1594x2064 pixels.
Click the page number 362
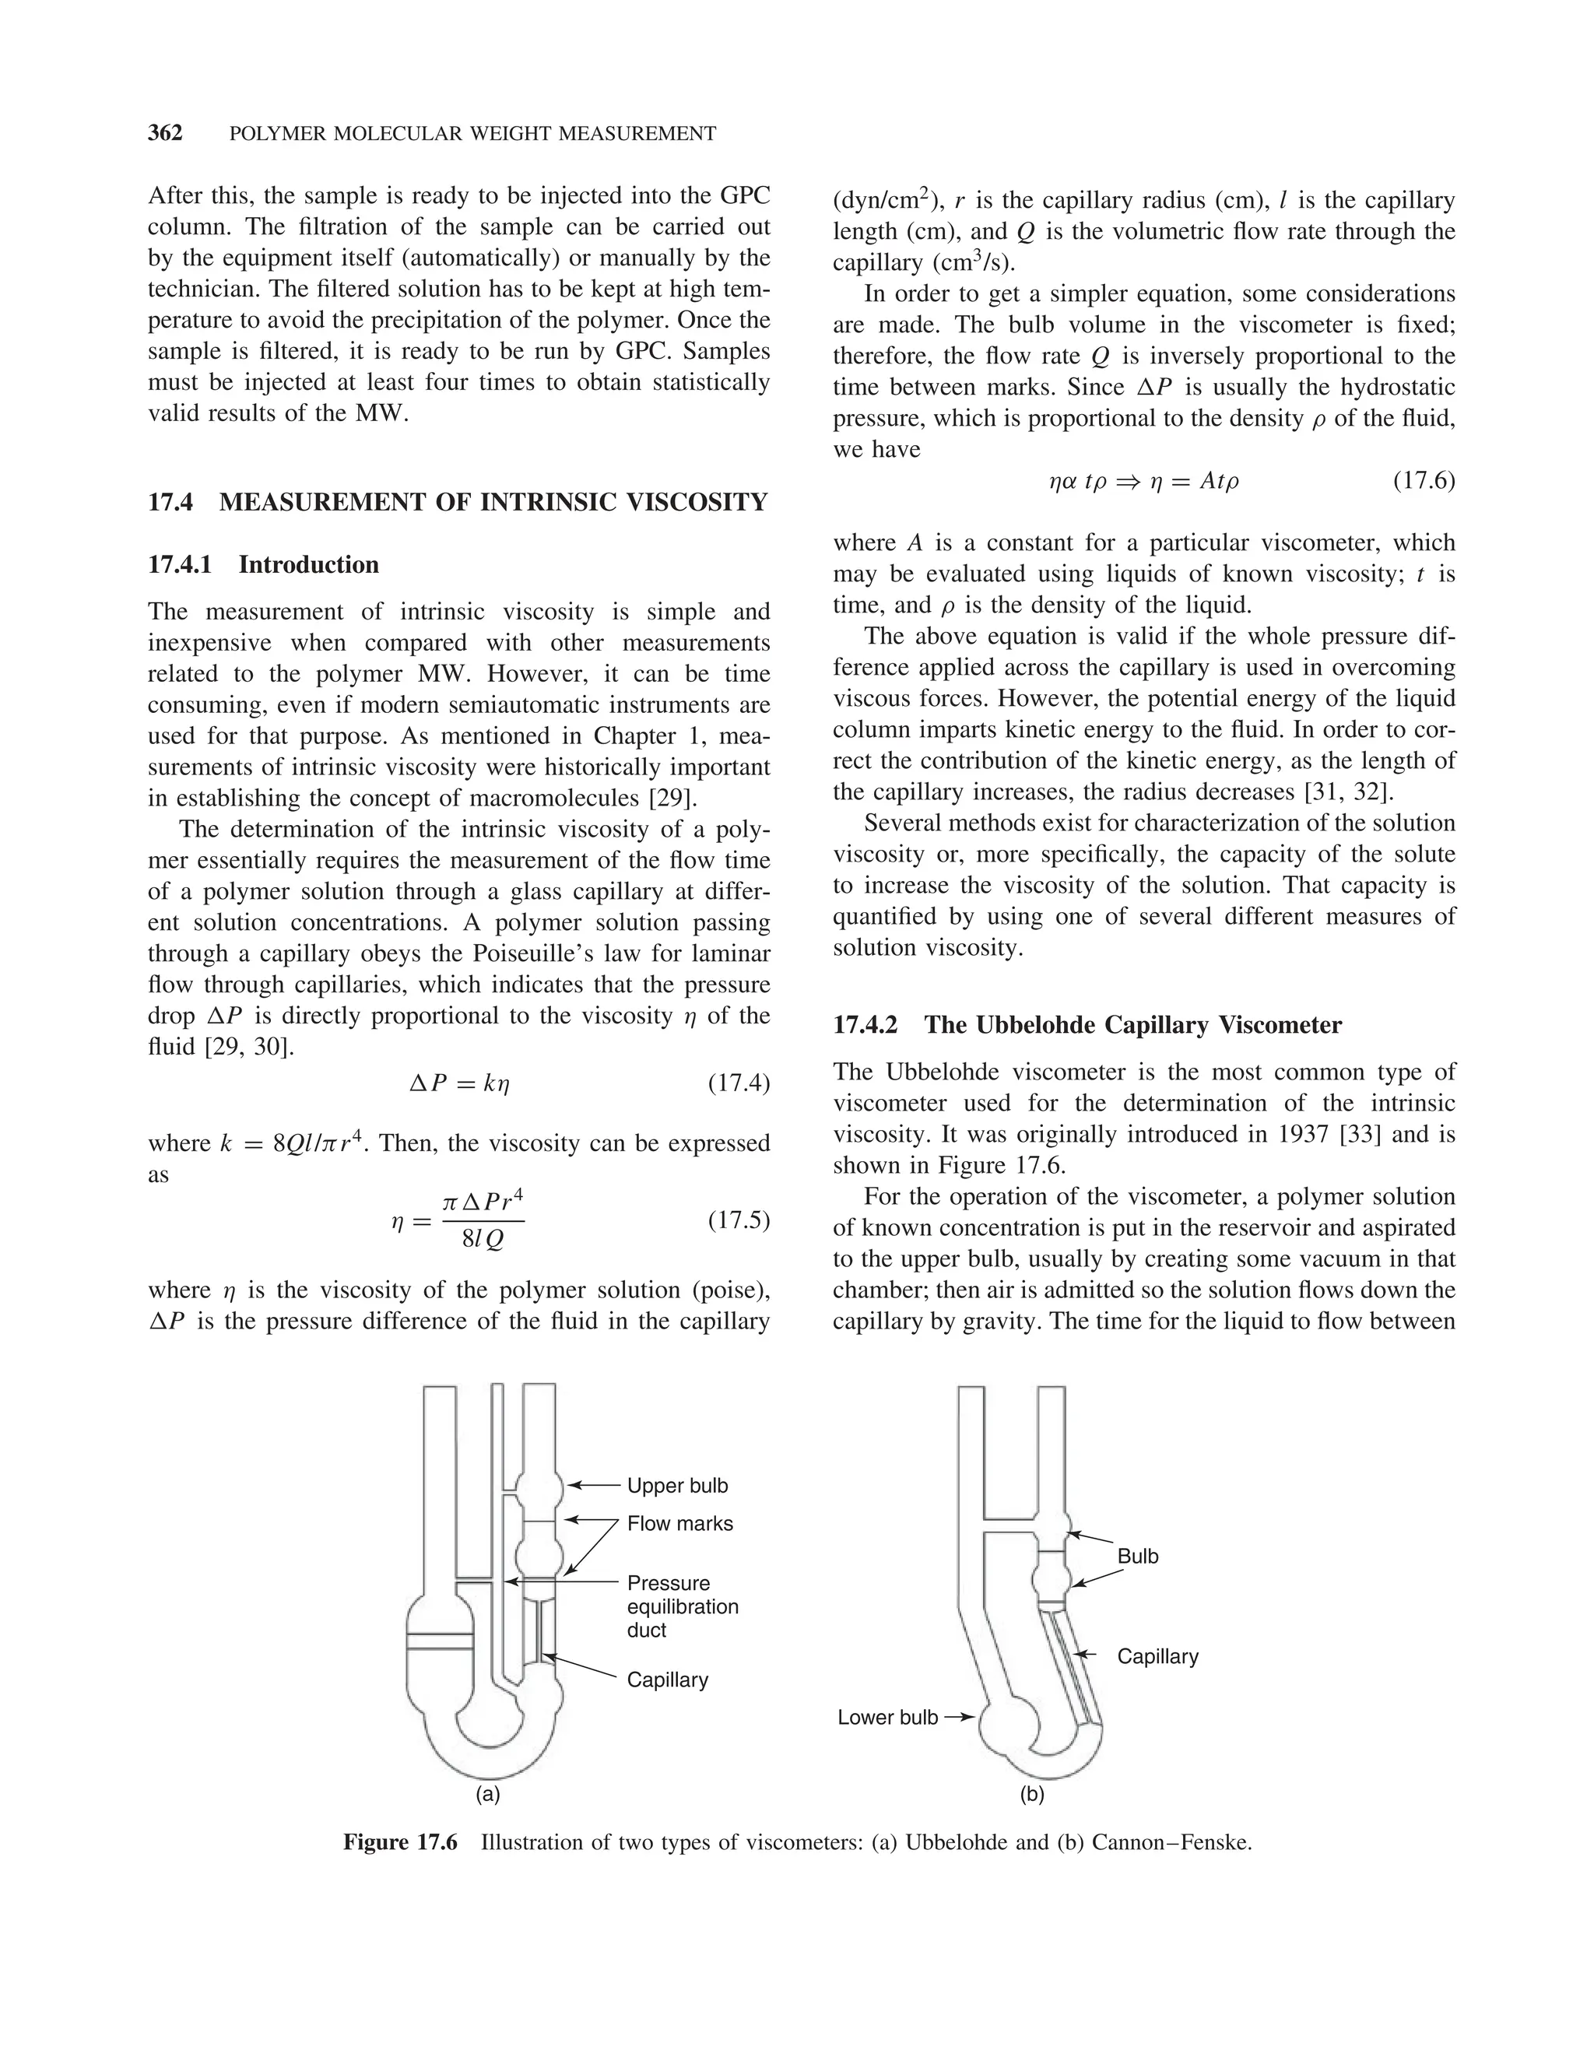[165, 133]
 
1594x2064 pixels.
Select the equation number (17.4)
[739, 1083]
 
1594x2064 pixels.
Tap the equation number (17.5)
[739, 1220]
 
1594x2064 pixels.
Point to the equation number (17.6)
[1424, 481]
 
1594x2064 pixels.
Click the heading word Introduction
[308, 564]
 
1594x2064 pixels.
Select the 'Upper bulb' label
[677, 1486]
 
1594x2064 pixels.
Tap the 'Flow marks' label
[679, 1523]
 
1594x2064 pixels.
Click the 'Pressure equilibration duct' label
[681, 1606]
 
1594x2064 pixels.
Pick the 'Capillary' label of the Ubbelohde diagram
[667, 1680]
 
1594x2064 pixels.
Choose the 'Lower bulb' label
[887, 1717]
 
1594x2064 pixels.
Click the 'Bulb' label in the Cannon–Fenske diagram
[1138, 1557]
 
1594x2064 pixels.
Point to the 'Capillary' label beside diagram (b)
[1157, 1655]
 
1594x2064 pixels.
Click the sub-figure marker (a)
[487, 1794]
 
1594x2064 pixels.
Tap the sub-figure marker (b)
[1032, 1794]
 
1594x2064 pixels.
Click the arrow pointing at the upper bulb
[593, 1486]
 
